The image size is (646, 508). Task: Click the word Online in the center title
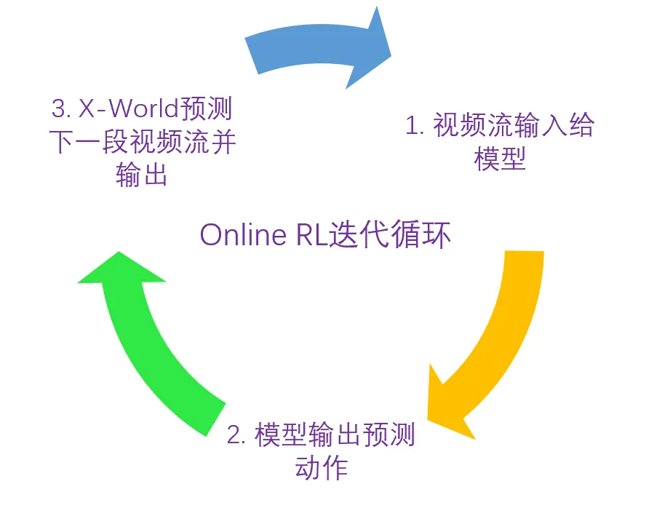[241, 236]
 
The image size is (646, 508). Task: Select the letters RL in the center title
[311, 236]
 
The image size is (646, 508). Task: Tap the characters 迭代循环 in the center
[390, 236]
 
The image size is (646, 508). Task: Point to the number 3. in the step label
[60, 109]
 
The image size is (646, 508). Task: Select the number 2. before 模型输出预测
[236, 435]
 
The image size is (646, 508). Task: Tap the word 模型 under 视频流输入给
[499, 159]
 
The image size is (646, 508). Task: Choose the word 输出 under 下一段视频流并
[142, 175]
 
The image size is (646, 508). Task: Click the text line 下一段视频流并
[142, 143]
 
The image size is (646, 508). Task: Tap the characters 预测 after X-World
[207, 109]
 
